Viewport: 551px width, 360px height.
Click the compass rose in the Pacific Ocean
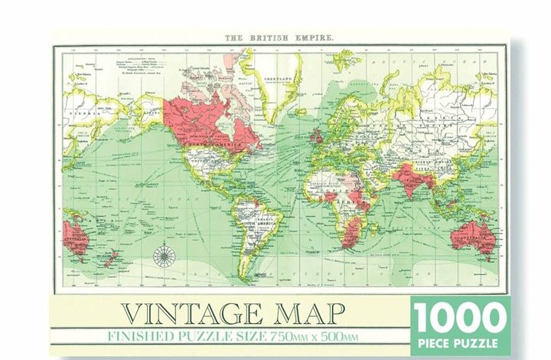tap(164, 256)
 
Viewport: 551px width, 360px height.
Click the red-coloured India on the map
tap(406, 181)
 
